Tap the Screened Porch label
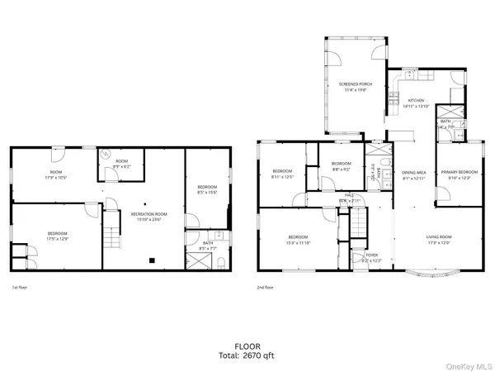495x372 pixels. coord(356,83)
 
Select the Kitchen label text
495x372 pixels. coord(416,101)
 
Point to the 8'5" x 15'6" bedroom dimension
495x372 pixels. coord(206,193)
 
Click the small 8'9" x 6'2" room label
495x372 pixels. coord(122,165)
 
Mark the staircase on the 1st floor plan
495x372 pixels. coord(111,241)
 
